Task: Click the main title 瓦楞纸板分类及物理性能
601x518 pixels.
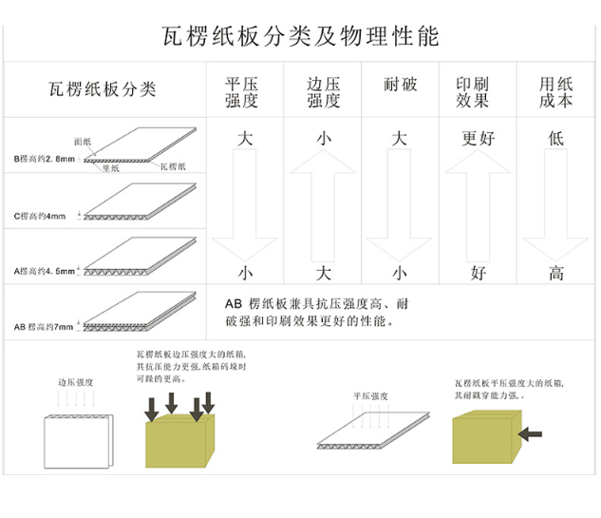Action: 300,36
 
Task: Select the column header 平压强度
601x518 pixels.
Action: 241,92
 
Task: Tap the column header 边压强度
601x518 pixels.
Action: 323,92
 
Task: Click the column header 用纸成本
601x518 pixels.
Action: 555,92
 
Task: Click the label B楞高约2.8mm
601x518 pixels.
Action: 44,159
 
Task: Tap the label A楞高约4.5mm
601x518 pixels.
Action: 44,272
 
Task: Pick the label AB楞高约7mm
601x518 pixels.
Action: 44,326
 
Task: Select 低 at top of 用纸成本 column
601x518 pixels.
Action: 556,139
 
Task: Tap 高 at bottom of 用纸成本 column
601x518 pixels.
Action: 556,274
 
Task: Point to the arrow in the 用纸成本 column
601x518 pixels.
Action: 556,205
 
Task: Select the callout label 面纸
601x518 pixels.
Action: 83,141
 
